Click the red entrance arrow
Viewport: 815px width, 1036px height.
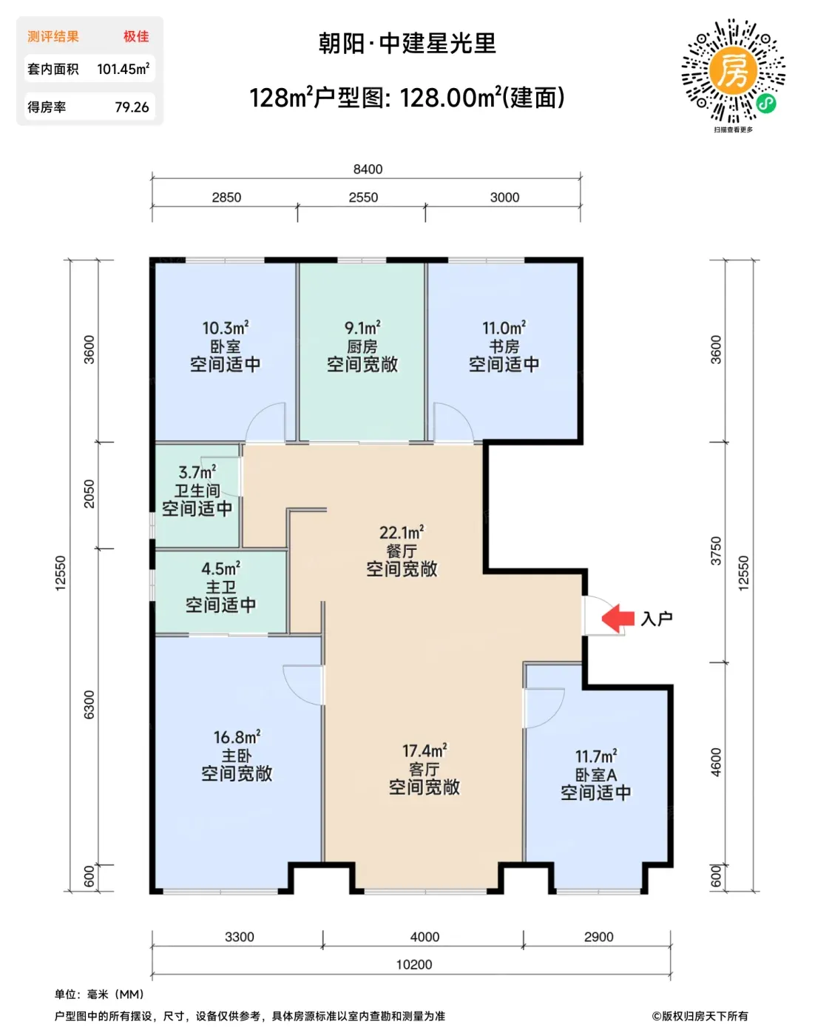coord(618,618)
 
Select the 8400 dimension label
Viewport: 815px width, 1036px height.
coord(368,169)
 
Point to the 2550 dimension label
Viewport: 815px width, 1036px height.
coord(363,198)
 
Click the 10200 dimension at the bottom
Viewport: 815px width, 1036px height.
coord(414,964)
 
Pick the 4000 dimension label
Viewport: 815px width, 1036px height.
coord(425,937)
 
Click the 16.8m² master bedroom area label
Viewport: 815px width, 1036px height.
coord(237,737)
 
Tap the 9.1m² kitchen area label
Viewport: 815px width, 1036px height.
coord(363,328)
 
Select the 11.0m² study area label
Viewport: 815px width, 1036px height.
coord(504,328)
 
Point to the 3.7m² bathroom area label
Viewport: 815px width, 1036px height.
coord(197,472)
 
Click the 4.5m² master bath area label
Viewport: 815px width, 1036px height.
coord(221,568)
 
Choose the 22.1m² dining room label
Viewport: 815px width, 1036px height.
coord(402,533)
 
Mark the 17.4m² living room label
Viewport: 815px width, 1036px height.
coord(425,750)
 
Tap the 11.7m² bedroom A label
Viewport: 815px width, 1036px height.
coord(596,756)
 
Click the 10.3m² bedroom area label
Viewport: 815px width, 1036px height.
coord(226,328)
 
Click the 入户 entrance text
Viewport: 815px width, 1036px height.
coord(657,619)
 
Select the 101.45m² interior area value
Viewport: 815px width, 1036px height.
coord(124,69)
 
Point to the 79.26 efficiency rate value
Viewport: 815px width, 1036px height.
coord(132,107)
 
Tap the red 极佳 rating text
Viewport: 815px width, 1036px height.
coord(136,36)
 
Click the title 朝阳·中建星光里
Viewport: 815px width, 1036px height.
coord(407,44)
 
